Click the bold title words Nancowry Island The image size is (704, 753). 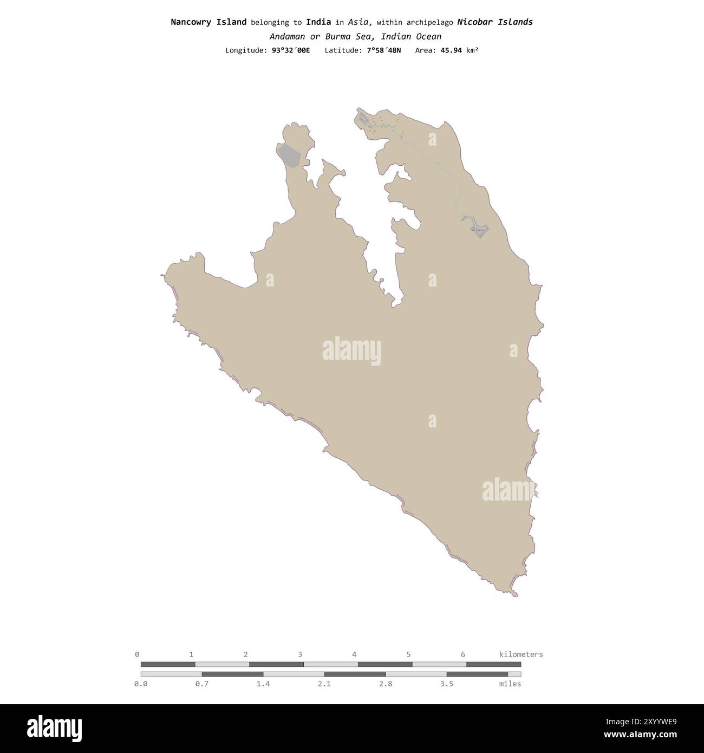[208, 22]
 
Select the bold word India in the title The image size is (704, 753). [318, 22]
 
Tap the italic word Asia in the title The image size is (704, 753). [359, 22]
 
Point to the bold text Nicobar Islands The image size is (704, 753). [495, 22]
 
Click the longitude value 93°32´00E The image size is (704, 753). [291, 50]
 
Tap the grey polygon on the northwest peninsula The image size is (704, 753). [289, 156]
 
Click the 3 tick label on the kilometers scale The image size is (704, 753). [300, 654]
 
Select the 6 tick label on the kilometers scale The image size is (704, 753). [463, 654]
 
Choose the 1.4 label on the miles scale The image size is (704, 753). [263, 684]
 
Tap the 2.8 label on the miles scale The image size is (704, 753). [386, 684]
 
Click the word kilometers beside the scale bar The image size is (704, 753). [520, 654]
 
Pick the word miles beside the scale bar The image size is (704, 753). [510, 684]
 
